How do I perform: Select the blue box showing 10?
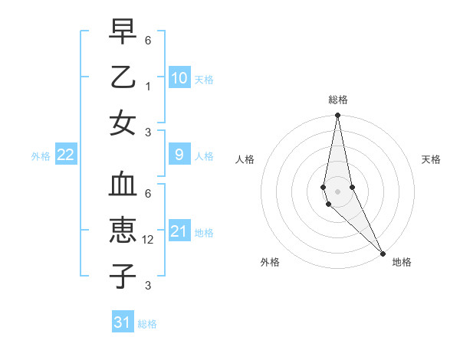point(179,77)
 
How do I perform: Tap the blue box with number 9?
point(179,155)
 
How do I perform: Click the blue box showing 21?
point(179,231)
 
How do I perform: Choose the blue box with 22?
point(66,155)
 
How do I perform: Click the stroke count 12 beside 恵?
point(149,240)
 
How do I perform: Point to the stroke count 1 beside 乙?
point(148,87)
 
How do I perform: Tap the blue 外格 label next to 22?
point(41,156)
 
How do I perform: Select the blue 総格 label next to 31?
point(147,324)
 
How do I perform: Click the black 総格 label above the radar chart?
point(337,100)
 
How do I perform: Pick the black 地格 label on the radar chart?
point(402,262)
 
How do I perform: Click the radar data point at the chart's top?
point(337,116)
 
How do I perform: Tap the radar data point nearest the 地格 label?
point(383,252)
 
